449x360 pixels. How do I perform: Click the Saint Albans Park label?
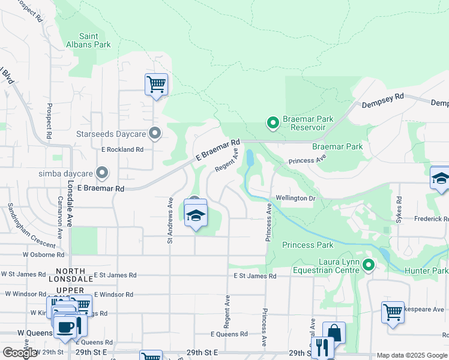pos(88,40)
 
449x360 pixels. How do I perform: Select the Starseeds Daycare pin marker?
pos(155,133)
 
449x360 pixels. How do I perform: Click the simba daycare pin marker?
pos(102,173)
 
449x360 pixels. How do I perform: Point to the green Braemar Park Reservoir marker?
pos(273,124)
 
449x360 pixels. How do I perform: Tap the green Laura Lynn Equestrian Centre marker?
pos(369,265)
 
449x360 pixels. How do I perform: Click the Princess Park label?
pos(307,245)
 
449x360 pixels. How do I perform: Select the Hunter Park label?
pos(431,271)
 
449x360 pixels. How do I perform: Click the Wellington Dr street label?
pos(295,198)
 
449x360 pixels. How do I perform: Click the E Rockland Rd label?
pos(122,149)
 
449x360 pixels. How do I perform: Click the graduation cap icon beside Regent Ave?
pos(196,215)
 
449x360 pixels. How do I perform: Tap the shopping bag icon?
pos(334,333)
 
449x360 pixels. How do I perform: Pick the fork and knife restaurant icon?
pos(322,347)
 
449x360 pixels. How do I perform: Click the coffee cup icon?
pos(65,327)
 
